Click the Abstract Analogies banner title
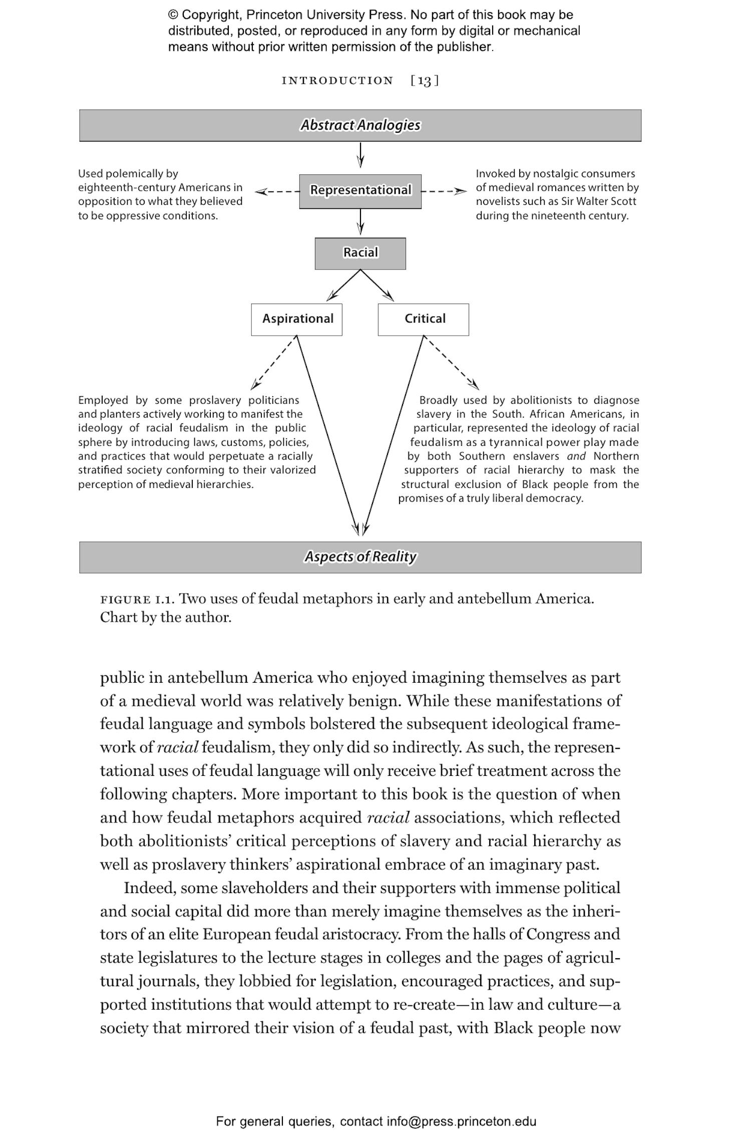(360, 125)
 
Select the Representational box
(360, 191)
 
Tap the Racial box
(360, 253)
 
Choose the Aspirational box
(297, 319)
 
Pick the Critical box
(424, 319)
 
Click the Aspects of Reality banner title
(360, 557)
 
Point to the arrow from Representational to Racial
(360, 222)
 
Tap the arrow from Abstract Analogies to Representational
(360, 155)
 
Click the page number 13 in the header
(424, 81)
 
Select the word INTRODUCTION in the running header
(337, 81)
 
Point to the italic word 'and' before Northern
(576, 456)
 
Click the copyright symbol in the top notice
(173, 15)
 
